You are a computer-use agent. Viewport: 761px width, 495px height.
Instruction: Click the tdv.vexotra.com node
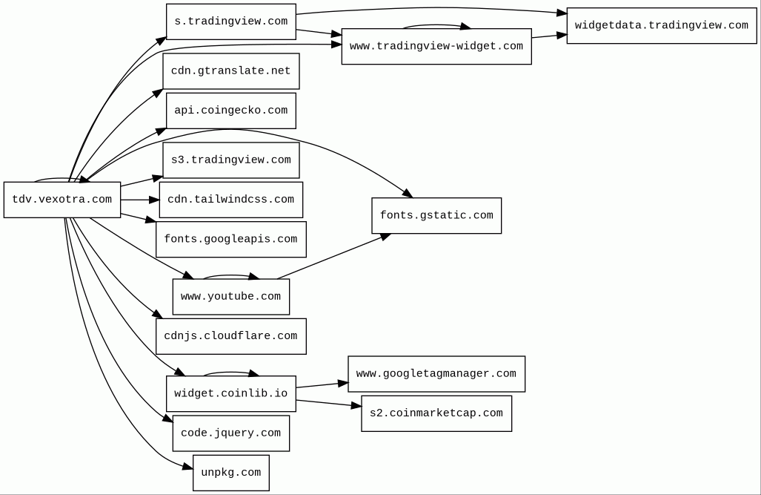(62, 200)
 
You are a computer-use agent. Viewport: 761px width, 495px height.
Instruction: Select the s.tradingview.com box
(231, 22)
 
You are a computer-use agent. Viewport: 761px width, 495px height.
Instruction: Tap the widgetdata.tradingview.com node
(662, 26)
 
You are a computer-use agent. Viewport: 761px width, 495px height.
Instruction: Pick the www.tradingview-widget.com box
(436, 46)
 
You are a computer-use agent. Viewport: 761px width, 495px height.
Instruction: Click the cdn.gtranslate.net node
(231, 71)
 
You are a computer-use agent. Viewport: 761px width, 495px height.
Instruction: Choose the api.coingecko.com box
(231, 111)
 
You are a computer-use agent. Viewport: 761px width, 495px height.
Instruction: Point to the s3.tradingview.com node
(231, 160)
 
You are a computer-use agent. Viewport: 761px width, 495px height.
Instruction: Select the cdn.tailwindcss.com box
(231, 200)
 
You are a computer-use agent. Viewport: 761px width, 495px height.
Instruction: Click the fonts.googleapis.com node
(231, 239)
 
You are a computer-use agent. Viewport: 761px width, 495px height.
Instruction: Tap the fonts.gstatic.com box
(436, 215)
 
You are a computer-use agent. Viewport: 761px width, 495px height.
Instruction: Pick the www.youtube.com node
(231, 297)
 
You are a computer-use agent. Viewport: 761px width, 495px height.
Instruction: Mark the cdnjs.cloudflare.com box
(231, 336)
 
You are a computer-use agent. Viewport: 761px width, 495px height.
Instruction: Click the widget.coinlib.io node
(231, 393)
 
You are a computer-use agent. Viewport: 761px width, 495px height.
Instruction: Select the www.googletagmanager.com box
(436, 374)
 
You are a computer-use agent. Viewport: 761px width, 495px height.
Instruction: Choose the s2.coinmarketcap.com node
(436, 413)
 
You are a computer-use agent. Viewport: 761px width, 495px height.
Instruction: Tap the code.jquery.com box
(231, 433)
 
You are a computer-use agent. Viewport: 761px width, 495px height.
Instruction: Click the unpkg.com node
(231, 473)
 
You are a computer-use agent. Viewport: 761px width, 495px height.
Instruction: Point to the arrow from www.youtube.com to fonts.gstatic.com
(334, 256)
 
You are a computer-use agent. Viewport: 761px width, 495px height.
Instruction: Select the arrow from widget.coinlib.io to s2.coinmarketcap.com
(329, 403)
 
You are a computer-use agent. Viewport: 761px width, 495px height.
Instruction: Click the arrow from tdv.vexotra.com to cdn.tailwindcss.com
(140, 200)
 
